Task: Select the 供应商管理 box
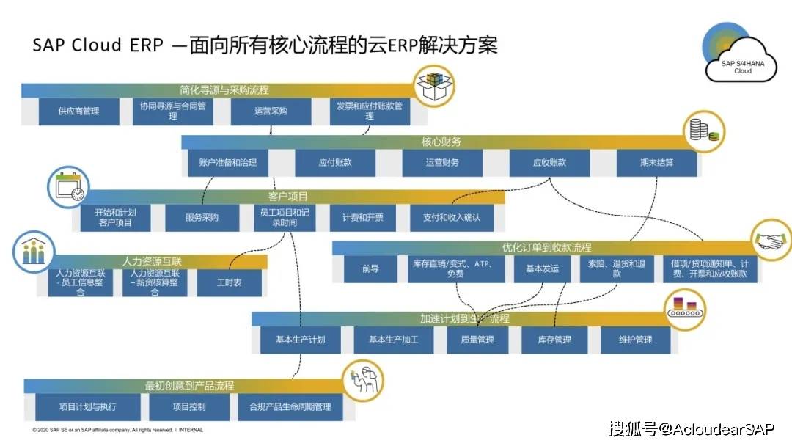[x=78, y=111]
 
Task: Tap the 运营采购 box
[x=271, y=111]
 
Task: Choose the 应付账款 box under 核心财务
[x=335, y=162]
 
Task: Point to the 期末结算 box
[x=656, y=162]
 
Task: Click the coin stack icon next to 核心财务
[x=703, y=131]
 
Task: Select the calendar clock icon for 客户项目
[x=67, y=188]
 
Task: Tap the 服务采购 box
[x=202, y=217]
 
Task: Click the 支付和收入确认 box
[x=452, y=217]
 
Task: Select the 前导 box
[x=370, y=268]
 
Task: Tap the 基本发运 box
[x=542, y=268]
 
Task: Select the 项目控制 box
[x=189, y=406]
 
